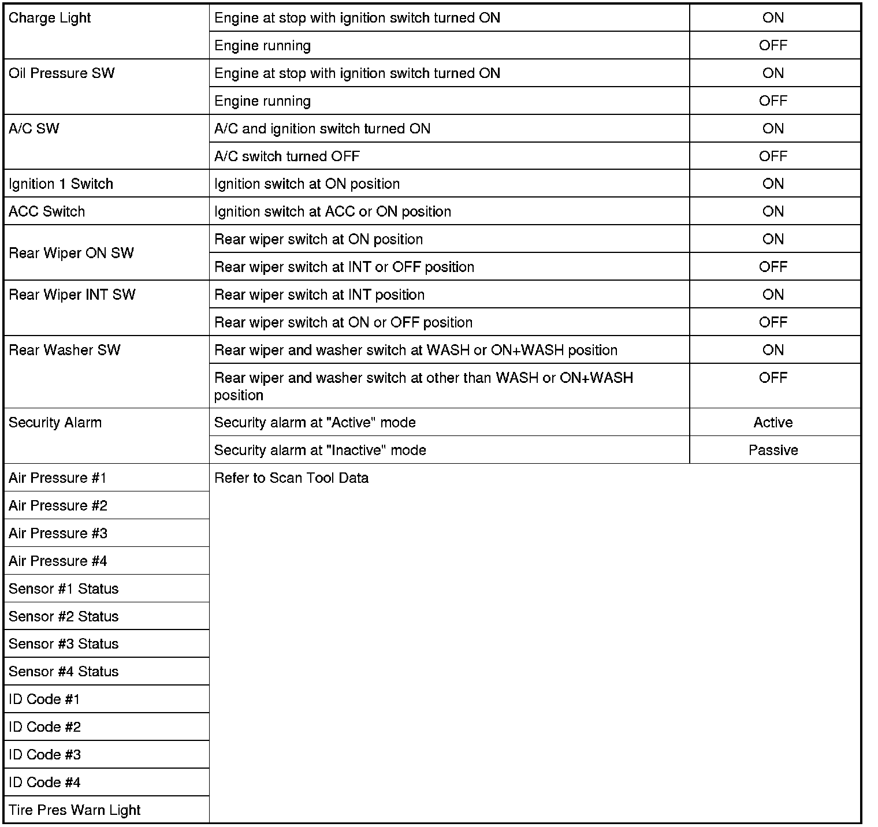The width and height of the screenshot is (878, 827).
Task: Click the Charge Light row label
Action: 50,18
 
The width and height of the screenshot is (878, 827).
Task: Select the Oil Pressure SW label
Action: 62,73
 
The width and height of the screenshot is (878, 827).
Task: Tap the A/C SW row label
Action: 34,129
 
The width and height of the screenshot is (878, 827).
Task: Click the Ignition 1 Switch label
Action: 61,184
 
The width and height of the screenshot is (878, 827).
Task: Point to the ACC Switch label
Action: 47,211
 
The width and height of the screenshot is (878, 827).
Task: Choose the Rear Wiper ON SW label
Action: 71,253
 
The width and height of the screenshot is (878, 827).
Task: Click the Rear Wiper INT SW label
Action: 72,295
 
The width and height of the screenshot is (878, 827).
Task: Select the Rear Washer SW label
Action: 65,350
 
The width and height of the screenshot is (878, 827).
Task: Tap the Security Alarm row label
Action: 55,423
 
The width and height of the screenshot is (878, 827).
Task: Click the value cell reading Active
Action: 773,423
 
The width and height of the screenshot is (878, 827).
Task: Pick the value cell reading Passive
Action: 773,450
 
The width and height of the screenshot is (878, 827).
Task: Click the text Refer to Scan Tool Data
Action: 291,478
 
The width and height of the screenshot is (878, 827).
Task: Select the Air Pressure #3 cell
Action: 58,533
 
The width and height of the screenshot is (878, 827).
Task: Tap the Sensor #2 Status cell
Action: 64,616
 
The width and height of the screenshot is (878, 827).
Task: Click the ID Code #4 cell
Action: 44,783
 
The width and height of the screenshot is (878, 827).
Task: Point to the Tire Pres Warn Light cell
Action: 75,810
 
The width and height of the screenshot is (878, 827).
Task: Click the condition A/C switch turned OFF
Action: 287,157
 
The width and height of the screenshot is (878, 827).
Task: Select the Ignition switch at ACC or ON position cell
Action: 332,211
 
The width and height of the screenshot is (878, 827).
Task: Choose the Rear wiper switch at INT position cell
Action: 319,295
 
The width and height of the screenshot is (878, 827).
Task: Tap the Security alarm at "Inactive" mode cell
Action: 320,450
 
